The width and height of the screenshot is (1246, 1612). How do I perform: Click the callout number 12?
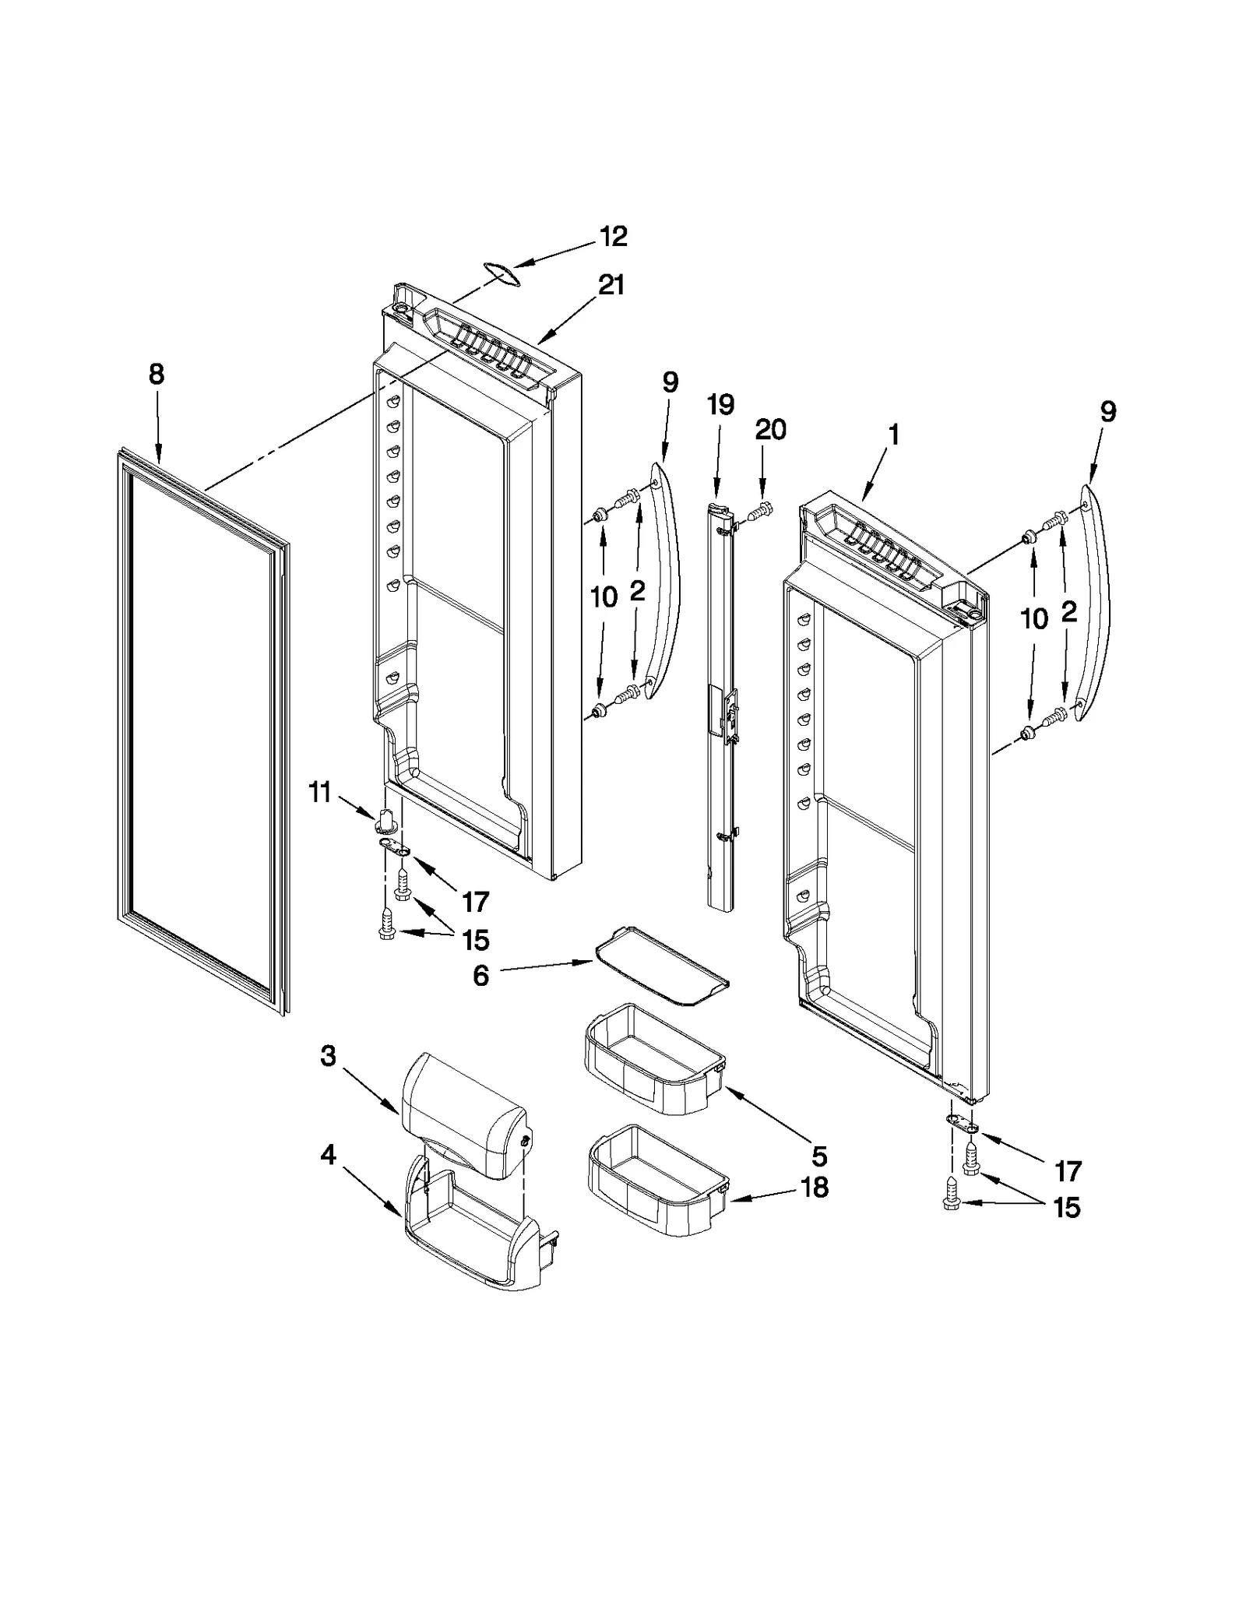point(613,237)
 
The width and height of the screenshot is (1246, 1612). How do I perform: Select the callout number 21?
point(611,286)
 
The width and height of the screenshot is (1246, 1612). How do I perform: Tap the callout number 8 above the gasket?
point(157,375)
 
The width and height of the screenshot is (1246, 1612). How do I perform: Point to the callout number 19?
point(720,405)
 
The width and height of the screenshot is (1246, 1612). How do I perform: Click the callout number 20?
point(770,429)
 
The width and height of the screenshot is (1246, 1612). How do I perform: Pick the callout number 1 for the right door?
point(894,435)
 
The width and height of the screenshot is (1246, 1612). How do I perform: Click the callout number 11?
point(319,793)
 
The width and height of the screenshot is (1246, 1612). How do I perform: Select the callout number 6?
point(480,975)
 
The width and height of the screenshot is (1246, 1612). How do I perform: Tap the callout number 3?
point(328,1057)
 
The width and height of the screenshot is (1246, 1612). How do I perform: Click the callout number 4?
point(328,1155)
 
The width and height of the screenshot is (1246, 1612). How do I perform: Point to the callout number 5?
point(818,1156)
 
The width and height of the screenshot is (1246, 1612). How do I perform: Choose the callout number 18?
point(814,1188)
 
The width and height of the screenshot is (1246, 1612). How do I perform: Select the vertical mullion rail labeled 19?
point(722,701)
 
